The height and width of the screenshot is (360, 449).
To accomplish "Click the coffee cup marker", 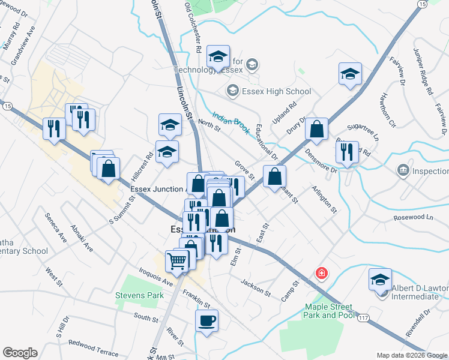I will [207, 320].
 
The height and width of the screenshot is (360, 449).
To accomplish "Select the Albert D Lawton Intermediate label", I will [420, 292].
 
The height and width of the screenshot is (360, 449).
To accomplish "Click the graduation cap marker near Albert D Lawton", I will [380, 279].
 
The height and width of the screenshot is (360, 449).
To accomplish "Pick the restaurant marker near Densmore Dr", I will [347, 152].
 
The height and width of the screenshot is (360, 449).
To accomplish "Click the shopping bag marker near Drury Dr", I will [316, 128].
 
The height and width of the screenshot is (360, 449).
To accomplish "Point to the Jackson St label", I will [256, 286].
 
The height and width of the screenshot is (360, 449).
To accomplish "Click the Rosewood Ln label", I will [412, 217].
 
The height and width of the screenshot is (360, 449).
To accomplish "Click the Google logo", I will [20, 353].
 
